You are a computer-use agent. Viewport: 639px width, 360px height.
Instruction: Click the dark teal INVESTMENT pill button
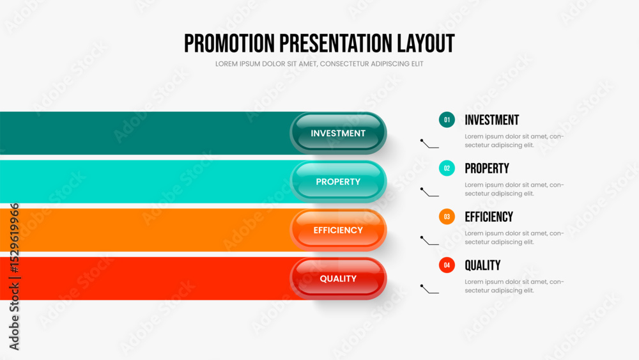coord(338,133)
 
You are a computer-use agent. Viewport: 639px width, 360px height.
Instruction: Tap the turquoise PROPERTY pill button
coord(338,182)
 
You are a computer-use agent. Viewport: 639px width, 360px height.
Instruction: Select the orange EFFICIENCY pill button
coord(338,230)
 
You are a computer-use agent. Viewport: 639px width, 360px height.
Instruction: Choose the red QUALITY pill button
coord(338,279)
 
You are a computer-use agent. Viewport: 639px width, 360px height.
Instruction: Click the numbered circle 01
coord(447,120)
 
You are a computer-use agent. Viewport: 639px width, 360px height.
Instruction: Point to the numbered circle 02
coord(447,168)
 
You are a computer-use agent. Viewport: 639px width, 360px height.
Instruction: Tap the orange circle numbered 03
coord(447,217)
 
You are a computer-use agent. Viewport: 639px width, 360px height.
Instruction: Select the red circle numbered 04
coord(447,265)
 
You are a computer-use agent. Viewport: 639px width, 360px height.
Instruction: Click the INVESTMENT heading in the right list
coord(491,120)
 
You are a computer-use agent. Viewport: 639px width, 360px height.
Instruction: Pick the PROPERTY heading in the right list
coord(486,168)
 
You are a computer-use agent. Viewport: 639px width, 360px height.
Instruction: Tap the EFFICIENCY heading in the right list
coord(489,217)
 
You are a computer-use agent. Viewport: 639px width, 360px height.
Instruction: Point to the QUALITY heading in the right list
coord(482,265)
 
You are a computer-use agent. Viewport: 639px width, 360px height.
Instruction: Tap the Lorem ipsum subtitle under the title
coord(319,64)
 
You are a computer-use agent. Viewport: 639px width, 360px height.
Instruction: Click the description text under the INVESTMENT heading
coord(514,141)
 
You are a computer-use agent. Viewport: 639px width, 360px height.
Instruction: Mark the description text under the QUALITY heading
coord(514,286)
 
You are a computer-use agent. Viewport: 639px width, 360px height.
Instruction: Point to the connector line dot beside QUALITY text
coord(422,285)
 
